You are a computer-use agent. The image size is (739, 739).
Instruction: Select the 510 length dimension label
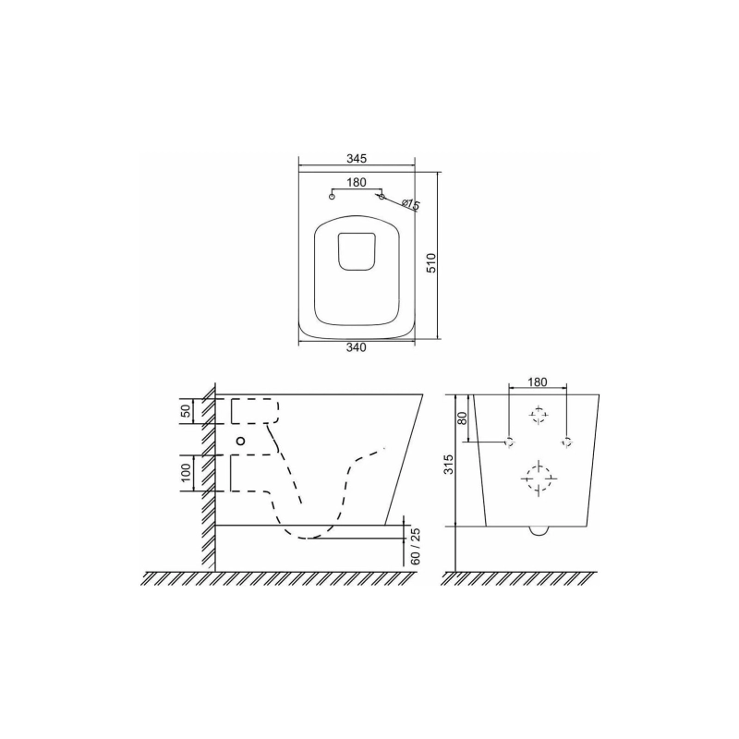(x=430, y=263)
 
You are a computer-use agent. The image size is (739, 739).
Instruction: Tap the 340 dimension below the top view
(x=357, y=348)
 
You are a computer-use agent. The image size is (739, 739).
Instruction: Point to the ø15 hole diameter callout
(x=410, y=204)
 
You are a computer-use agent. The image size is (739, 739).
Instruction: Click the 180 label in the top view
(x=357, y=183)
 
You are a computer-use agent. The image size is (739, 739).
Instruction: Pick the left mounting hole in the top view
(x=333, y=196)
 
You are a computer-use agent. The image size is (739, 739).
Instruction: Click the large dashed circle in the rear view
(x=537, y=479)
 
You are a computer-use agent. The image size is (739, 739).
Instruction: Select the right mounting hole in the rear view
(x=566, y=441)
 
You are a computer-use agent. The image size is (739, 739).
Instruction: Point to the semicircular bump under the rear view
(x=538, y=531)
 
